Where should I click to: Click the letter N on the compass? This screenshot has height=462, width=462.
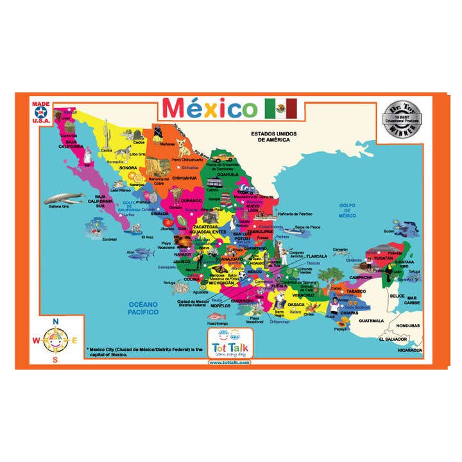(55, 321)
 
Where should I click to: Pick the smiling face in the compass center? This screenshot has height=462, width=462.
(55, 339)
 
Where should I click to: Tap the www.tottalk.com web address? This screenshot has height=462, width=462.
(229, 362)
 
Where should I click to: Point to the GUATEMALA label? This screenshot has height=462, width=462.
(371, 320)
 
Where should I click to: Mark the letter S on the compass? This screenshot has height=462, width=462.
(55, 359)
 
